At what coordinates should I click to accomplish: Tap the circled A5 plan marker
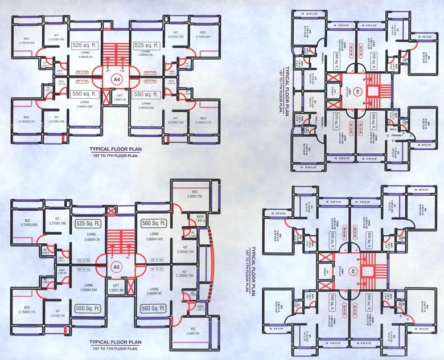coord(117,266)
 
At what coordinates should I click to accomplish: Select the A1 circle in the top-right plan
coord(359,92)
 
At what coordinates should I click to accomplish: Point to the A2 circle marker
coord(353,271)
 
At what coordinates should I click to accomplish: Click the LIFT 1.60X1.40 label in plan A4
coord(120,98)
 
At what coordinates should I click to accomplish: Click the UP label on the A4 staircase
coord(108,71)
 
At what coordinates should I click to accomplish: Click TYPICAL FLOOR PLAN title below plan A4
coord(117,149)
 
